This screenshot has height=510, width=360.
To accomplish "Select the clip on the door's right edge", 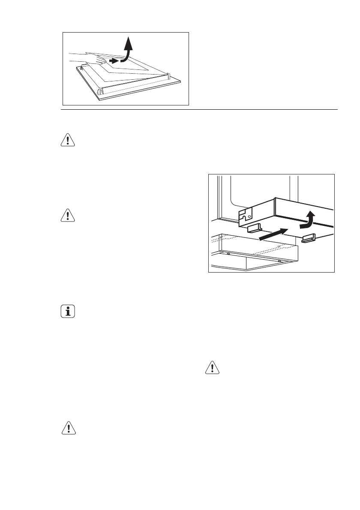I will pos(168,76).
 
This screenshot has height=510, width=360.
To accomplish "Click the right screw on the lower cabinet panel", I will pos(279,261).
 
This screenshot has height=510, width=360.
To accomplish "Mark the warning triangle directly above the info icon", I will pos(67,216).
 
